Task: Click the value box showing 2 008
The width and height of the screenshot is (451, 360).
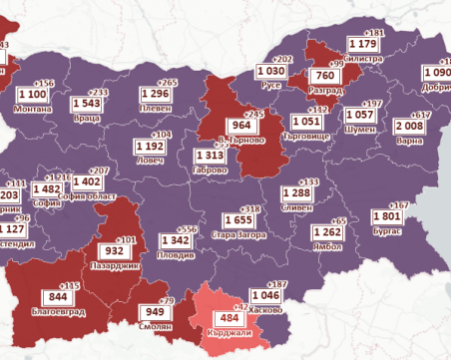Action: pos(409,126)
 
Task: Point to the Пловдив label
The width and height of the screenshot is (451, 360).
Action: pos(178,255)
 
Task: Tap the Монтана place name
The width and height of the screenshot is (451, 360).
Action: pos(36,107)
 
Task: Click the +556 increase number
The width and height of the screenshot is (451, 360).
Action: pos(186,228)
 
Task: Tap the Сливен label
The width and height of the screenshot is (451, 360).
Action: pos(299,207)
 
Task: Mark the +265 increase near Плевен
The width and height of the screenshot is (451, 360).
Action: pos(169,83)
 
